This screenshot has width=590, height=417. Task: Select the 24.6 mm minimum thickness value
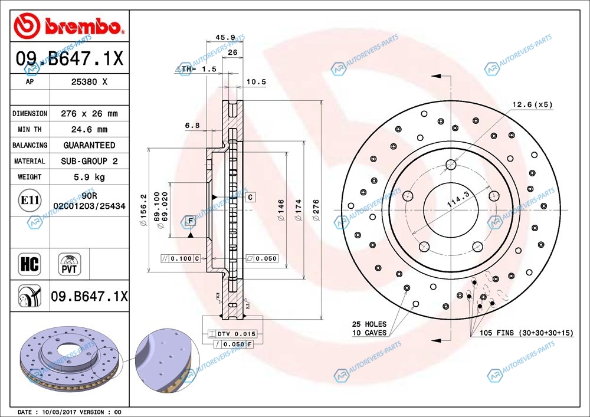point(89,129)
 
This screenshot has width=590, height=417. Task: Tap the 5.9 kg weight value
point(89,176)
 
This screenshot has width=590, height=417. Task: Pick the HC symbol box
point(29,264)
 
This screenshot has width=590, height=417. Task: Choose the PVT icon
point(70,264)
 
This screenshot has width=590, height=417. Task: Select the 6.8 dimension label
point(192,125)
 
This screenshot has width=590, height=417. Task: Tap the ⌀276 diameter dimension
point(316,211)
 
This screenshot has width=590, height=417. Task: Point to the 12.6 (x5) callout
point(532,105)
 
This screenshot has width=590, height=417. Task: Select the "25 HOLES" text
point(369,324)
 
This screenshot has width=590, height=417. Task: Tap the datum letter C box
point(250,197)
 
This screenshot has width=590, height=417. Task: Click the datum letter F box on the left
point(190,221)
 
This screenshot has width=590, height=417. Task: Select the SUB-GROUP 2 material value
point(89,161)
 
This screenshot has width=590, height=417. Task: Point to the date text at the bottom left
point(70,412)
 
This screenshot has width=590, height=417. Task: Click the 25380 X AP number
point(89,82)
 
